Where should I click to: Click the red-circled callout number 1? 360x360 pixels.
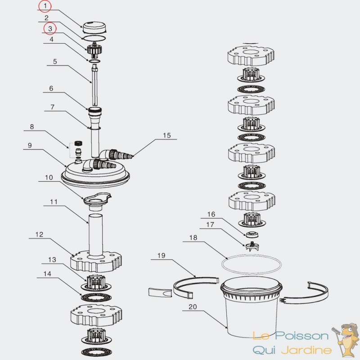45,6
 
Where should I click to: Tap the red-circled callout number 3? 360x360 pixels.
50,29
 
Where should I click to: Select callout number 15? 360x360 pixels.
167,135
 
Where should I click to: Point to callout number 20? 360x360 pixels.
193,307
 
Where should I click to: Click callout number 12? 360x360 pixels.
39,234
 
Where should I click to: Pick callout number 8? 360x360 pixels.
32,127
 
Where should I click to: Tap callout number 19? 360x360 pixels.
162,256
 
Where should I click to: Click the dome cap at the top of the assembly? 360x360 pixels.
94,27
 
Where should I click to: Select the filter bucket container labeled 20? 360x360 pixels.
251,306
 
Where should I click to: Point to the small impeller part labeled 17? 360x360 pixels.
252,246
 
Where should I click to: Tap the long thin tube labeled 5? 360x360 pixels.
94,85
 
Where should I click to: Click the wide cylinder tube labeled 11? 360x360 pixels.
96,234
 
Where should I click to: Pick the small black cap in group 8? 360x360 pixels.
78,144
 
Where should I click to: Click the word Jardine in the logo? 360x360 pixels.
306,351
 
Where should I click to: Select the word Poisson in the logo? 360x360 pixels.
301,336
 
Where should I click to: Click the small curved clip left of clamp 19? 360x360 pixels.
160,292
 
